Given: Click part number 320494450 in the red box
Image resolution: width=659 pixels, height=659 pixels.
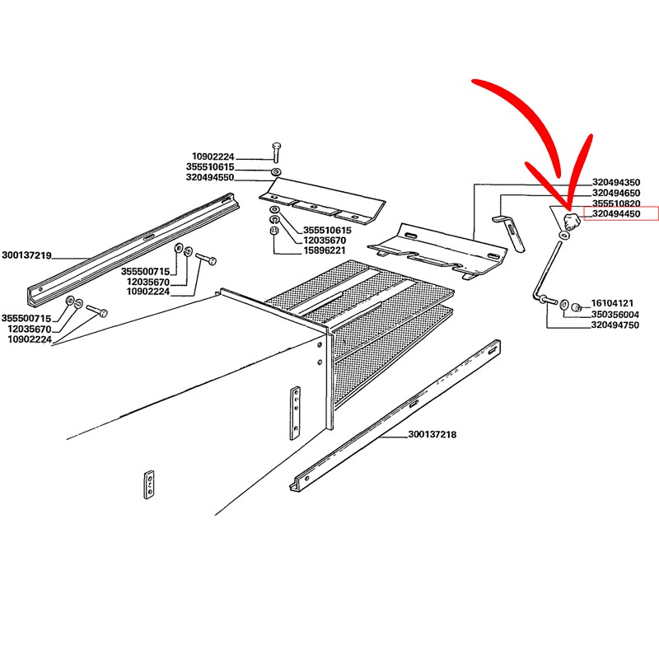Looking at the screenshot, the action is pyautogui.click(x=616, y=214).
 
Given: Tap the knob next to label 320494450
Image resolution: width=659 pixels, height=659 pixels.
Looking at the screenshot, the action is pyautogui.click(x=572, y=221).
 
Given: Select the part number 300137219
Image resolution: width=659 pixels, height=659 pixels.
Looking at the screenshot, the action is pyautogui.click(x=26, y=255).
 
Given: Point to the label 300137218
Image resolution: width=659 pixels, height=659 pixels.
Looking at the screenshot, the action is pyautogui.click(x=432, y=434).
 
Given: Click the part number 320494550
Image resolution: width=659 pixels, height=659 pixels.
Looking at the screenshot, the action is pyautogui.click(x=210, y=177).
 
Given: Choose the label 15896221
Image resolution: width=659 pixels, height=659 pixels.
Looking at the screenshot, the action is pyautogui.click(x=325, y=250).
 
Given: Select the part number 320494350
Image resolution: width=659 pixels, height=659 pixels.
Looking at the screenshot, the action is pyautogui.click(x=616, y=182).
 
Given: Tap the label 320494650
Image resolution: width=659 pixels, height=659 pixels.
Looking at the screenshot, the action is pyautogui.click(x=616, y=193).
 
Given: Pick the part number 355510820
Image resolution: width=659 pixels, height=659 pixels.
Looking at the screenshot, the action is pyautogui.click(x=616, y=203).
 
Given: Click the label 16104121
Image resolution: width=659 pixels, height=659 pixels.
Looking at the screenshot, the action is pyautogui.click(x=612, y=303).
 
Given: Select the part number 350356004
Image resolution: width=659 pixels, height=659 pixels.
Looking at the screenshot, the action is pyautogui.click(x=615, y=315).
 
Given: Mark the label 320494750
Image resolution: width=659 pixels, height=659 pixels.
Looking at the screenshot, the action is pyautogui.click(x=615, y=325).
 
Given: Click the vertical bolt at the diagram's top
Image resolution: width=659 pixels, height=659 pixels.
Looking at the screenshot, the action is pyautogui.click(x=276, y=152).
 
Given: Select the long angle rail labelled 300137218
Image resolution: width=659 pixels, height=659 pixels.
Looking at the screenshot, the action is pyautogui.click(x=395, y=415).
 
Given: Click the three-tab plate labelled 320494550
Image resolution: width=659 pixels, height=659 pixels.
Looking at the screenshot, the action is pyautogui.click(x=322, y=200).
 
